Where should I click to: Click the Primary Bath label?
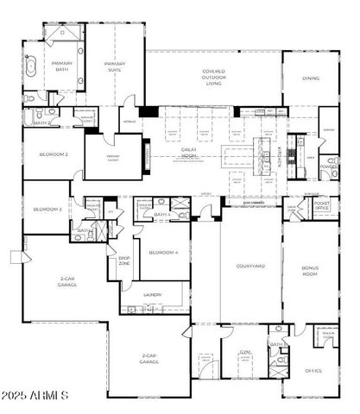[63, 67]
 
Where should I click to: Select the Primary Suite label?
[115, 67]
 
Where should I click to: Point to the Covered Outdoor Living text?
[213, 78]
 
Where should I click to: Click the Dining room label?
[311, 78]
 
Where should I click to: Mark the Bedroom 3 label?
[47, 209]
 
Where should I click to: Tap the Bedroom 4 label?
[162, 252]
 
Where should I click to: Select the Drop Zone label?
[123, 260]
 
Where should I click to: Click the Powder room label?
[328, 166]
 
